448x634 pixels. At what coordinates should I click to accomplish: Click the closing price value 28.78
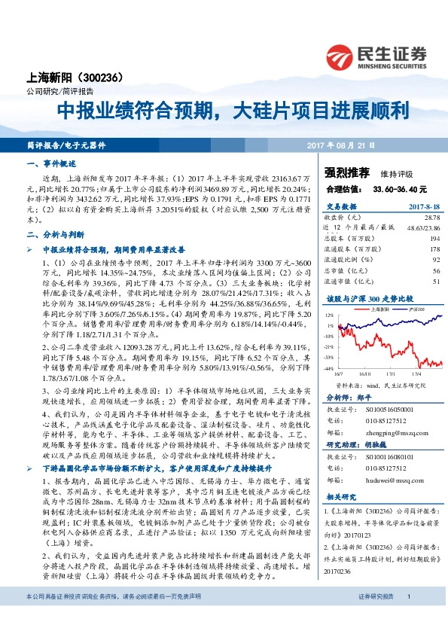point(431,216)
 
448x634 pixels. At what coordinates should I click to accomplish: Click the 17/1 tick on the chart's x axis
point(392,373)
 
